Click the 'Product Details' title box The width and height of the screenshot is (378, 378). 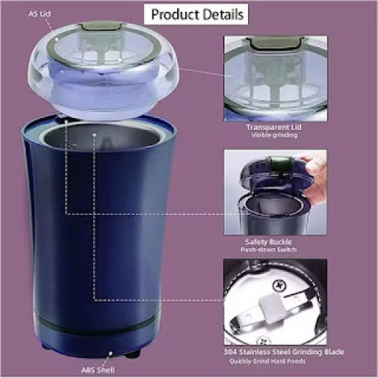(x=196, y=14)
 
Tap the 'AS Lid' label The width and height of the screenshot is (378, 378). (x=39, y=13)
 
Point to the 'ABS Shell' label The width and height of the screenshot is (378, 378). (x=98, y=370)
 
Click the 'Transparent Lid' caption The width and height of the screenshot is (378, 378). (x=274, y=127)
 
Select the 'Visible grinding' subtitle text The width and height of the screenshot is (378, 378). (x=274, y=135)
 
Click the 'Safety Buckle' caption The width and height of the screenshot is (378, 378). (x=269, y=242)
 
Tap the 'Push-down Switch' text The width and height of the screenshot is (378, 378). (x=269, y=250)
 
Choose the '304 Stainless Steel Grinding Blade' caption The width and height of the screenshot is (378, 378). (x=283, y=351)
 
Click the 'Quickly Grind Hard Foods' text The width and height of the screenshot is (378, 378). (x=267, y=361)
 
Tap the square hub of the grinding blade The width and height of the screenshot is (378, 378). (x=269, y=307)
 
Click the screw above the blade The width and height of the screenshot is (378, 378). (x=279, y=285)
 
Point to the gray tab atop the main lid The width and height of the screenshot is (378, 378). (x=101, y=25)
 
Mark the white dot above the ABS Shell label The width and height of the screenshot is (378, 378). (x=110, y=354)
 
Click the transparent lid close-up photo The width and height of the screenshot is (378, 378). (x=276, y=79)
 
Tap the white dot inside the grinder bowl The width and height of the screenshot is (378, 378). (x=94, y=135)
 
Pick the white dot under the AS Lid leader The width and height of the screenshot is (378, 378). (x=56, y=39)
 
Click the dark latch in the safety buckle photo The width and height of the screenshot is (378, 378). (x=279, y=163)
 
